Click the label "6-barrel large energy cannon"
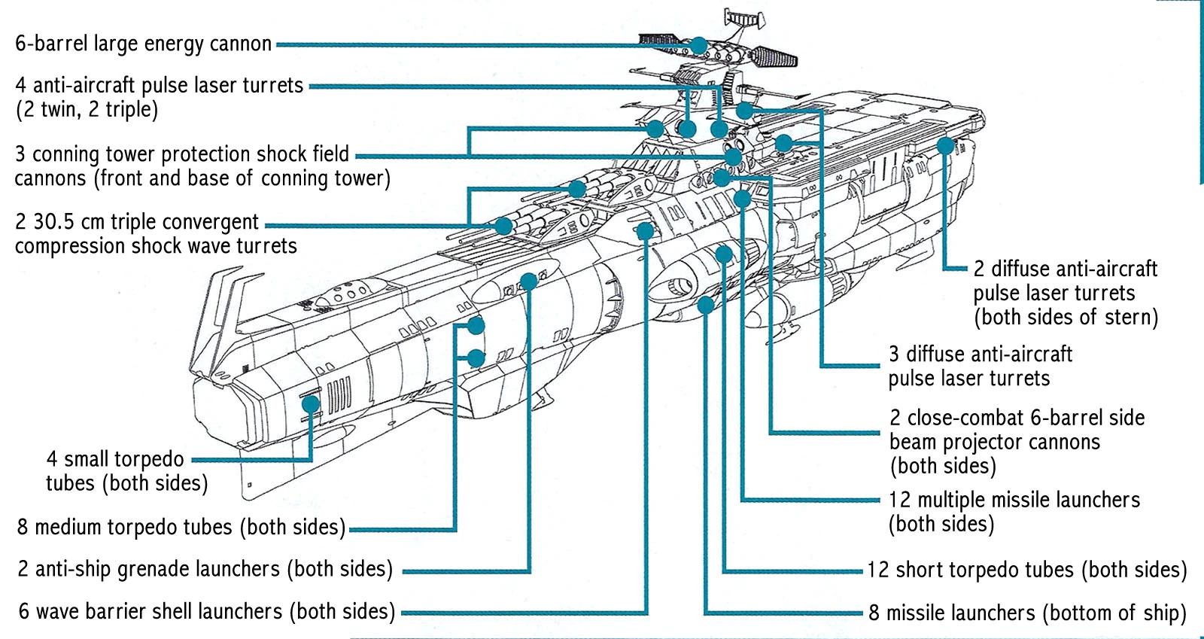143,44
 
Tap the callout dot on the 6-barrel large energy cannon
700,45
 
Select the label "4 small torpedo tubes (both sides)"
126,470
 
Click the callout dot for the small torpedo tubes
310,404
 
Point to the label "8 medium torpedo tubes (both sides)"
181,527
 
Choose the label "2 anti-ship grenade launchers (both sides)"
205,569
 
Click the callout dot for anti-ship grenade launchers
528,281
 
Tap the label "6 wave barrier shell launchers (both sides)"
206,611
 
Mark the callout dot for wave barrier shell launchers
645,230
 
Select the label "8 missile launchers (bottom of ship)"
1027,613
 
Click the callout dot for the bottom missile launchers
705,304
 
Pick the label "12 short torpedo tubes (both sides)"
1026,570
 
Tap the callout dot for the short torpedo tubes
723,254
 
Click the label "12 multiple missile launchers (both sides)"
1014,511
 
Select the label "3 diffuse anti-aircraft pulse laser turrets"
980,366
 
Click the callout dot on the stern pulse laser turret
945,146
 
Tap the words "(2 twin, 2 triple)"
87,110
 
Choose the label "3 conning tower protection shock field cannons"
202,166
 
